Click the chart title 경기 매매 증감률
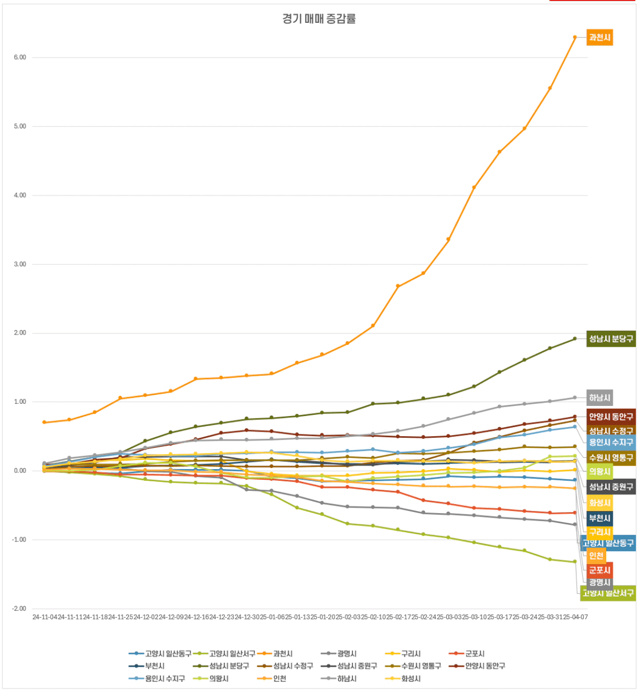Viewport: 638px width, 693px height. pyautogui.click(x=319, y=19)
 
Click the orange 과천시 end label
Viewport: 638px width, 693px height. pyautogui.click(x=599, y=38)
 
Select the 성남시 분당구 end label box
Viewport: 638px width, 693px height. pyautogui.click(x=611, y=339)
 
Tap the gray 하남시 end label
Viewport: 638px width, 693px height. pyautogui.click(x=599, y=398)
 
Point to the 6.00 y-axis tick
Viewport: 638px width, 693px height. pyautogui.click(x=20, y=58)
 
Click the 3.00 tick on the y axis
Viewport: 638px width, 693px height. pyautogui.click(x=20, y=264)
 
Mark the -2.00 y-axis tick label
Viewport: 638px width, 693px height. pyautogui.click(x=20, y=609)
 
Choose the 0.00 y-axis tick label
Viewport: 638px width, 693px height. pyautogui.click(x=20, y=471)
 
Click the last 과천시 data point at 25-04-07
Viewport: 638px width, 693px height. pyautogui.click(x=574, y=37)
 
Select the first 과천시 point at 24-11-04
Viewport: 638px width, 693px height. pyautogui.click(x=44, y=422)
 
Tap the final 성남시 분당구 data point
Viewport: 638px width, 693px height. pyautogui.click(x=574, y=338)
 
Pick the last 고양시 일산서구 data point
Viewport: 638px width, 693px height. pyautogui.click(x=574, y=562)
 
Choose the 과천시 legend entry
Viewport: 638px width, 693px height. pyautogui.click(x=283, y=653)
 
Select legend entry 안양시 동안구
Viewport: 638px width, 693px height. pyautogui.click(x=485, y=666)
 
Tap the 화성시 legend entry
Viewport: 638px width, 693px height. pyautogui.click(x=411, y=678)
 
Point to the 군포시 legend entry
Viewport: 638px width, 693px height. pyautogui.click(x=475, y=653)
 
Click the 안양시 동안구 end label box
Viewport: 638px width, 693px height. pyautogui.click(x=611, y=417)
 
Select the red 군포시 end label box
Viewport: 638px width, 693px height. pyautogui.click(x=599, y=570)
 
